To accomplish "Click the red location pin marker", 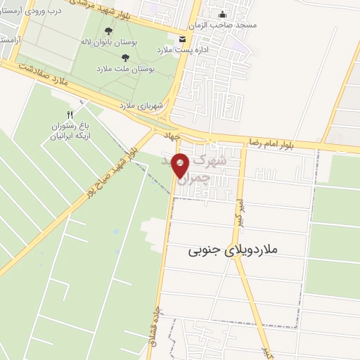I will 181,165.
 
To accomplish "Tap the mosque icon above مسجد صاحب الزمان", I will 223,14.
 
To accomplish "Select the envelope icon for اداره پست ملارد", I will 183,39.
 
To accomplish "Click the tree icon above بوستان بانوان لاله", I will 108,32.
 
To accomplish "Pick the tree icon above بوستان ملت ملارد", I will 125,58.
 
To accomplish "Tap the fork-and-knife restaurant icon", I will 69,115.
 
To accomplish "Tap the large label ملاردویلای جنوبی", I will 233,250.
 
